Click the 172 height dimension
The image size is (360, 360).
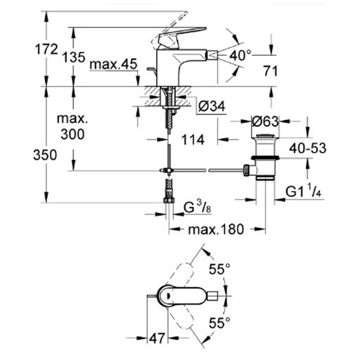pyautogui.click(x=46, y=50)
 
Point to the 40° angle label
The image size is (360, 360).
pyautogui.click(x=240, y=55)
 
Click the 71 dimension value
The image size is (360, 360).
pyautogui.click(x=270, y=71)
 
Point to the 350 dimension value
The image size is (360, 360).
pyautogui.click(x=46, y=155)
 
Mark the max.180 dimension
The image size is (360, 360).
pyautogui.click(x=216, y=229)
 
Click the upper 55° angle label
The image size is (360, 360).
pyautogui.click(x=219, y=268)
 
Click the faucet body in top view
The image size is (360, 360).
pyautogui.click(x=181, y=297)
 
